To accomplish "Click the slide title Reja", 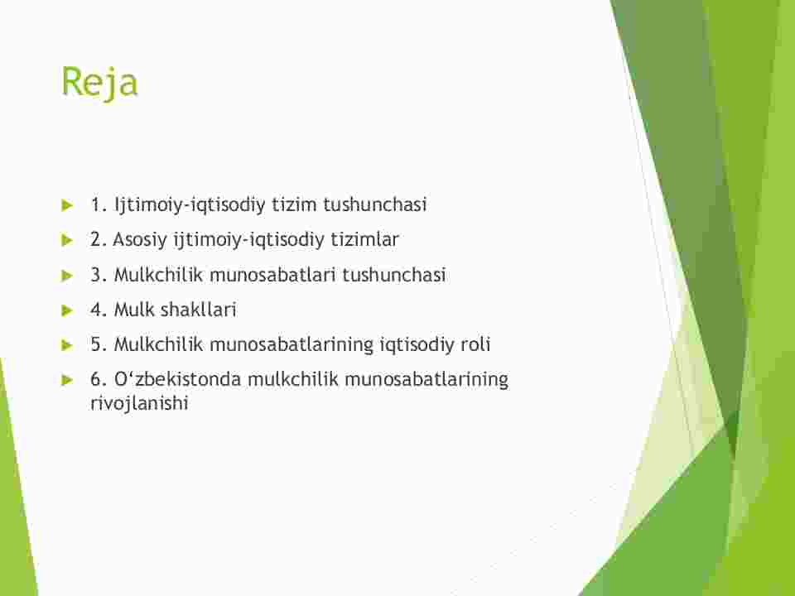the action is [99, 82].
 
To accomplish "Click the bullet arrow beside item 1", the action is [67, 205].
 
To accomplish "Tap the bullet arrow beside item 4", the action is [67, 310].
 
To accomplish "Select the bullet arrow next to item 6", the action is [67, 380].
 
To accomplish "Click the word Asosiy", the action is [140, 240].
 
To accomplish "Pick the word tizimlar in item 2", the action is [364, 239].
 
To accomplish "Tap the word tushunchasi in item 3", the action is [394, 275].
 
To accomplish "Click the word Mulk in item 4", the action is [134, 310].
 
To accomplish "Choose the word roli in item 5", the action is [475, 344].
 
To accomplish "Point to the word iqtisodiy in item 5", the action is [417, 345].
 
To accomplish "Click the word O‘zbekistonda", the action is [177, 380].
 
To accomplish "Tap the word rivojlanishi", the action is [139, 404].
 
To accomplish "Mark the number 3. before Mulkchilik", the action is [99, 275].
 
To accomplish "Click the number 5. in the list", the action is [99, 345].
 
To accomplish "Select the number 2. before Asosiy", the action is [99, 240].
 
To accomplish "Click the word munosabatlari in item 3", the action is [272, 275].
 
